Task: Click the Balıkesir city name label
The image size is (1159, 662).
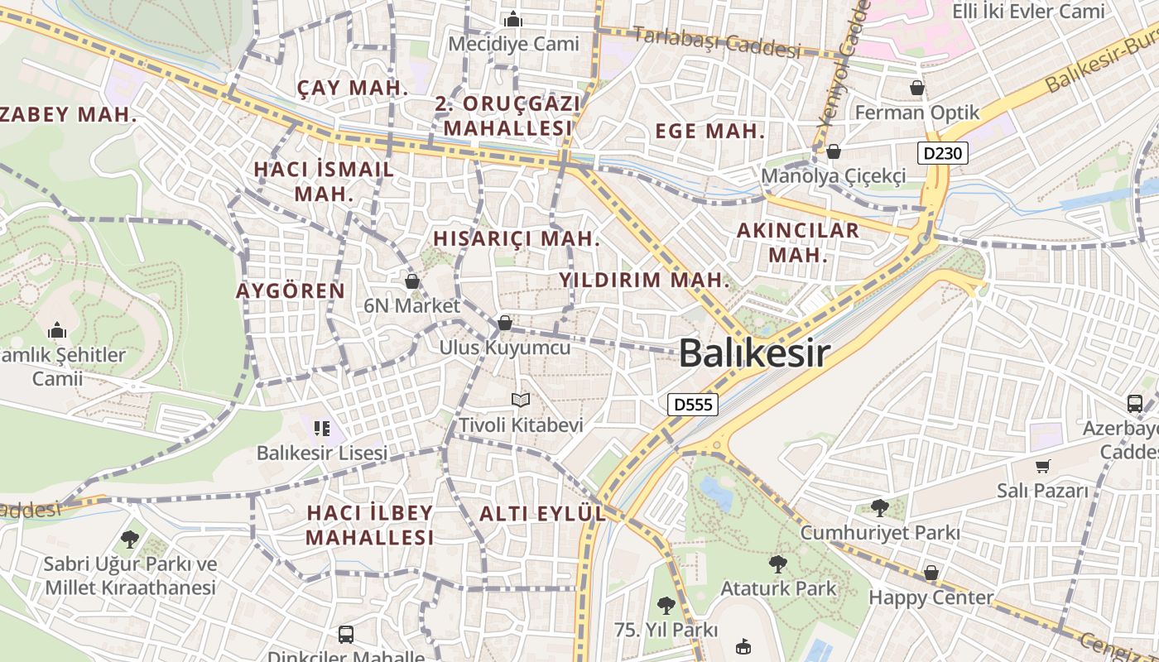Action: (x=754, y=353)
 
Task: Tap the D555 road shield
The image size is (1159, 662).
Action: (x=692, y=404)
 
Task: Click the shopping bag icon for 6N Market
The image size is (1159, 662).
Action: (x=412, y=281)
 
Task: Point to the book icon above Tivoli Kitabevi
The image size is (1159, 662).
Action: (x=521, y=401)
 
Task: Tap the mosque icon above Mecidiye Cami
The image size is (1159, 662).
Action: (x=513, y=18)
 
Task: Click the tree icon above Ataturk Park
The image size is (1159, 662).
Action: (x=777, y=564)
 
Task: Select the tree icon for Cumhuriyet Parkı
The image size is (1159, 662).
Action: (x=879, y=507)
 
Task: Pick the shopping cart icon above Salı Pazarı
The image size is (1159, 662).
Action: (x=1042, y=467)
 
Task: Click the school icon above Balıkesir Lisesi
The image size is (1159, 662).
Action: (x=322, y=429)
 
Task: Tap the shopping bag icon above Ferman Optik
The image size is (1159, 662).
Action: (x=917, y=88)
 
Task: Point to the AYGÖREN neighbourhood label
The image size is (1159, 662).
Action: (x=290, y=290)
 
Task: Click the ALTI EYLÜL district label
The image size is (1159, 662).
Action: (x=542, y=513)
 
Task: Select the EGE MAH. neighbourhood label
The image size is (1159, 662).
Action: (x=709, y=131)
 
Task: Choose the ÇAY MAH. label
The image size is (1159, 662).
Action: (x=353, y=88)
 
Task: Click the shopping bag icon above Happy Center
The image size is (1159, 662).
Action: (x=931, y=573)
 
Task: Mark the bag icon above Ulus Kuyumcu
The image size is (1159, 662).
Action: (x=504, y=323)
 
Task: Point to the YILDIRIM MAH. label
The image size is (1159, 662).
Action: (x=644, y=280)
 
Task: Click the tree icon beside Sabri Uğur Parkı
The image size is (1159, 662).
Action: (x=129, y=540)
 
